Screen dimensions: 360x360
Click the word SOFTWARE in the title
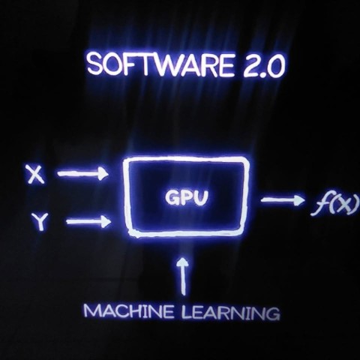[x=162, y=65]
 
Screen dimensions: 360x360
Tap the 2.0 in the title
[x=264, y=66]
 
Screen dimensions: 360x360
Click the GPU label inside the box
[x=187, y=197]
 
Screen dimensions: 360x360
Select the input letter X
[x=37, y=174]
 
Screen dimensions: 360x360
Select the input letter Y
[x=40, y=221]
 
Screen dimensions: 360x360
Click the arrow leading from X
[x=83, y=173]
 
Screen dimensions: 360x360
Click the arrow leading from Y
[x=88, y=222]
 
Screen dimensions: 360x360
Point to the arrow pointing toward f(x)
[x=283, y=200]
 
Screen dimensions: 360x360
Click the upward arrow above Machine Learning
[x=184, y=276]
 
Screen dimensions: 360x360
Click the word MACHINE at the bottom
[x=128, y=311]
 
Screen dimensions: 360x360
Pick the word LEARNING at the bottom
[x=229, y=313]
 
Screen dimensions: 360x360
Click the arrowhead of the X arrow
[x=103, y=173]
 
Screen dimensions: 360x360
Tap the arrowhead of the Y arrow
[x=106, y=222]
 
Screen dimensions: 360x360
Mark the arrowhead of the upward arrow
[x=184, y=262]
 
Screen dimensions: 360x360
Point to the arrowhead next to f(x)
[x=300, y=200]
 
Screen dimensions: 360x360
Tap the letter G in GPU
[x=172, y=197]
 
